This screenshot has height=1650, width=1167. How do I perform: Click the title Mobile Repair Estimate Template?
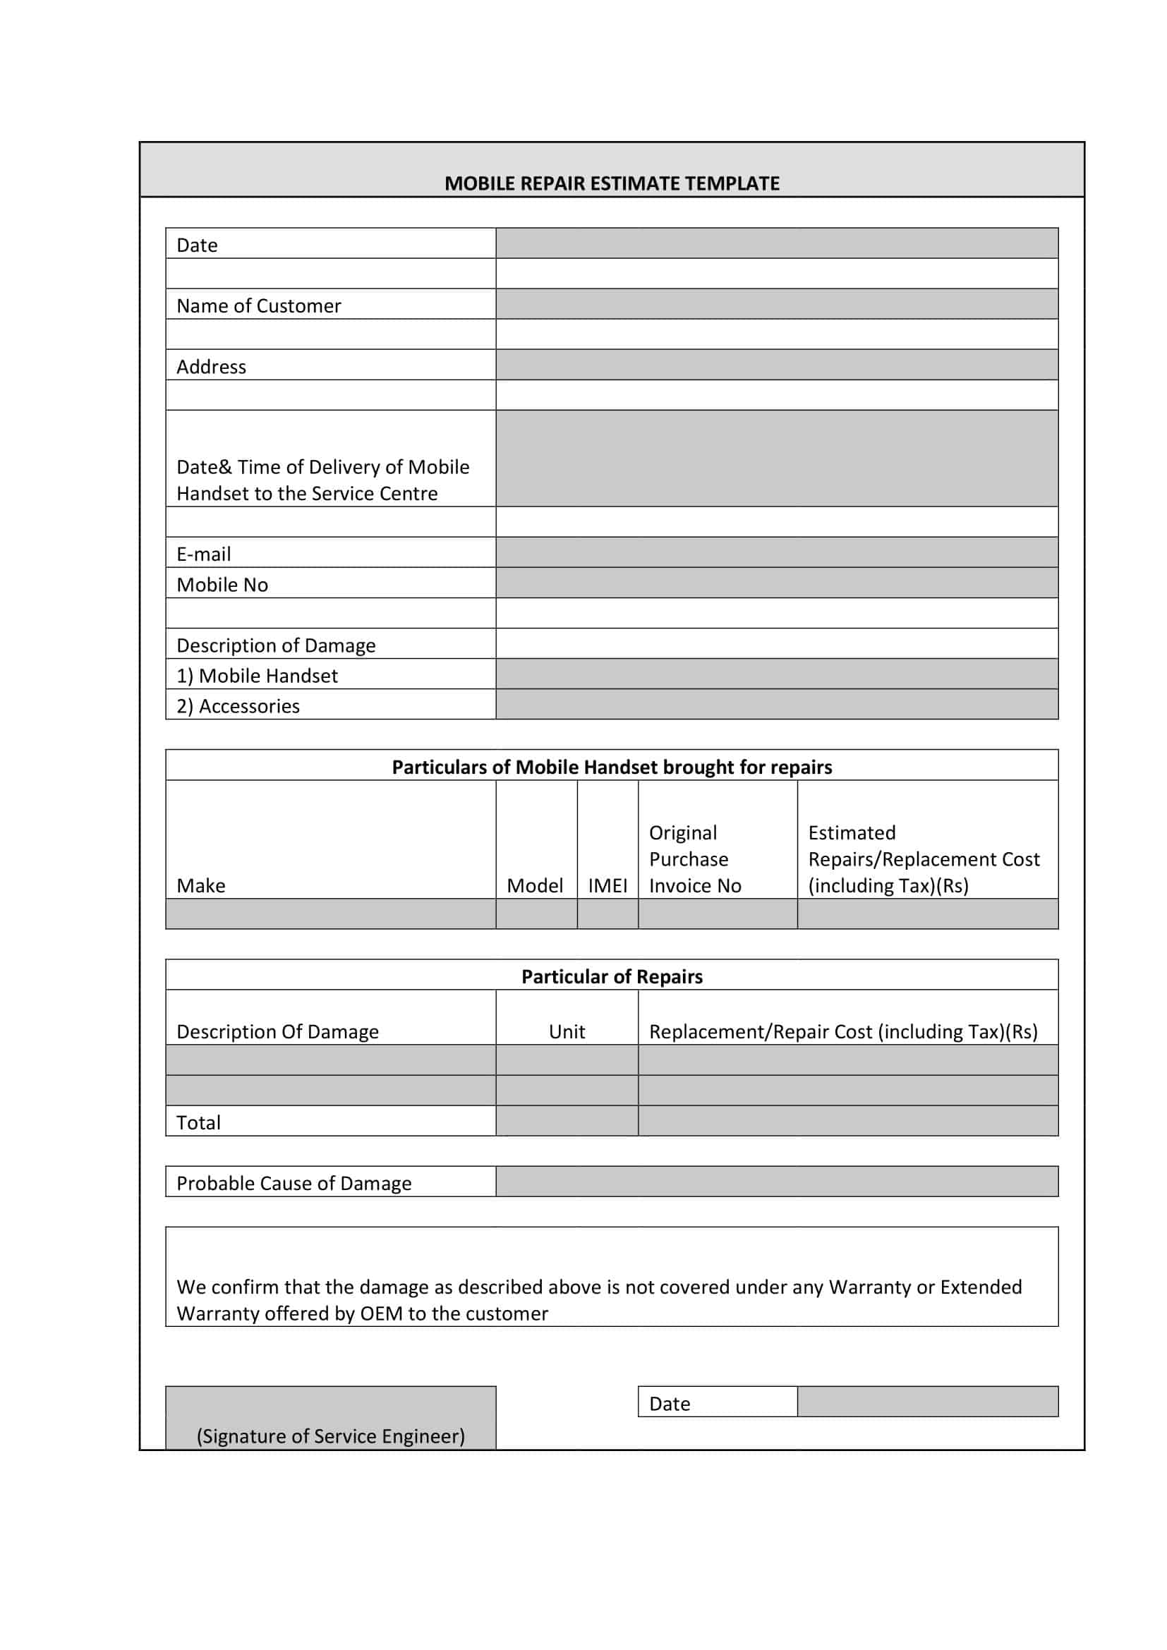(x=612, y=183)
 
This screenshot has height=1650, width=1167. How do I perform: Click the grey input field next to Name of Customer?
(x=776, y=304)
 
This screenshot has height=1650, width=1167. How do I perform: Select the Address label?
(x=211, y=368)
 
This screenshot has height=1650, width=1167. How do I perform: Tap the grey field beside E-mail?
(x=776, y=552)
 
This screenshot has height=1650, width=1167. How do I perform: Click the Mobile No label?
(x=222, y=585)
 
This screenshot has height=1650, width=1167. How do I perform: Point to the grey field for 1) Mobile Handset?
(x=776, y=674)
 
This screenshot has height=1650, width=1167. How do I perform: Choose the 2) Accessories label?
(x=238, y=706)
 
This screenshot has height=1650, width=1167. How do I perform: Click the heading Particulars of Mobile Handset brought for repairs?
(x=612, y=767)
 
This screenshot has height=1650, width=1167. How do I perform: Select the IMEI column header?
(x=607, y=885)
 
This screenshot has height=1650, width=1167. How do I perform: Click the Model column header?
(x=535, y=885)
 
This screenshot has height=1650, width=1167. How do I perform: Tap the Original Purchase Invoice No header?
(x=694, y=859)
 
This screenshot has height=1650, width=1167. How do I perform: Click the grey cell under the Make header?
(x=330, y=914)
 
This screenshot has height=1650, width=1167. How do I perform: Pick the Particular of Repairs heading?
(x=612, y=976)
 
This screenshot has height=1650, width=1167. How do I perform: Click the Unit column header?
(x=567, y=1032)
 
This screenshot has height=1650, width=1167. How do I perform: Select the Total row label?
(x=198, y=1122)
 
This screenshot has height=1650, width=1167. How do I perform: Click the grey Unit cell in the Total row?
(x=567, y=1121)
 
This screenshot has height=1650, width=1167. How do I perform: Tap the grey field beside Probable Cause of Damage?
(x=776, y=1182)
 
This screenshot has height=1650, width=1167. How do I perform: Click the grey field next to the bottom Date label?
(x=927, y=1402)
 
